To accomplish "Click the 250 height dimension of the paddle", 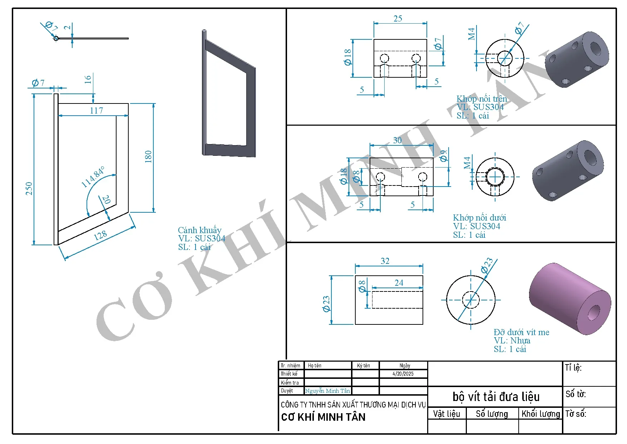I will point(29,188).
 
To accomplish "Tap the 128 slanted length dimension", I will point(100,236).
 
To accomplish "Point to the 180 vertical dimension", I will point(148,157).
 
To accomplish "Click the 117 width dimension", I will point(97,111).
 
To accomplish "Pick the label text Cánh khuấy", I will point(199,230).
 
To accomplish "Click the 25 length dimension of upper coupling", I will point(398,19).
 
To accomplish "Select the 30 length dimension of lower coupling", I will point(397,140).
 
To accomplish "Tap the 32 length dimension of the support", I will point(385,261).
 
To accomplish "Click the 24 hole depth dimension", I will point(399,283).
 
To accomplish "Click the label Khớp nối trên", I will point(482,99).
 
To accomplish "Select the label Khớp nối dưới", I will point(479,218).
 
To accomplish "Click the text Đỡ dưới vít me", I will point(521,332).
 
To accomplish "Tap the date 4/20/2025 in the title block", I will point(403,374).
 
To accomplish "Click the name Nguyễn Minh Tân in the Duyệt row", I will point(327,391).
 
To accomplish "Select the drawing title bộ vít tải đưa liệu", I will point(496,397).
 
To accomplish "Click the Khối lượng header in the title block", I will point(540,414).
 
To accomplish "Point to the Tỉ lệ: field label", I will point(573,368).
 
